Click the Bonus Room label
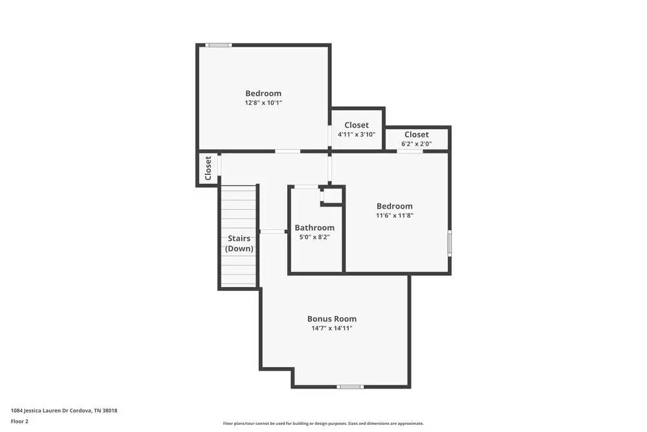pyautogui.click(x=331, y=319)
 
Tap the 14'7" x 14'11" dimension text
pyautogui.click(x=331, y=328)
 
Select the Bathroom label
pyautogui.click(x=314, y=227)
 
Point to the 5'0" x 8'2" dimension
pyautogui.click(x=314, y=237)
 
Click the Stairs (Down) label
pyautogui.click(x=239, y=244)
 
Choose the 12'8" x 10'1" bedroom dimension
pyautogui.click(x=263, y=102)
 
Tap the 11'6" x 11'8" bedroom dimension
pyautogui.click(x=395, y=216)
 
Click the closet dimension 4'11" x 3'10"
pyautogui.click(x=356, y=135)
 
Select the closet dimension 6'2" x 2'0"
pyautogui.click(x=417, y=144)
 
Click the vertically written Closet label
pyautogui.click(x=208, y=168)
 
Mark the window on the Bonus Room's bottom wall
pyautogui.click(x=350, y=387)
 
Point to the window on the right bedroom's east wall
pyautogui.click(x=450, y=244)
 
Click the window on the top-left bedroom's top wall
pyautogui.click(x=219, y=45)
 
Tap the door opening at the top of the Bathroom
pyautogui.click(x=306, y=187)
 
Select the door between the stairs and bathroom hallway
pyautogui.click(x=272, y=231)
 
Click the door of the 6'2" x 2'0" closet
pyautogui.click(x=410, y=152)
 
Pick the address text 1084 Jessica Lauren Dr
pyautogui.click(x=64, y=410)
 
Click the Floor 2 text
pyautogui.click(x=19, y=421)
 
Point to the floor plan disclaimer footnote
pyautogui.click(x=323, y=423)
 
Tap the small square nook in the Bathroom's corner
pyautogui.click(x=332, y=196)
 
